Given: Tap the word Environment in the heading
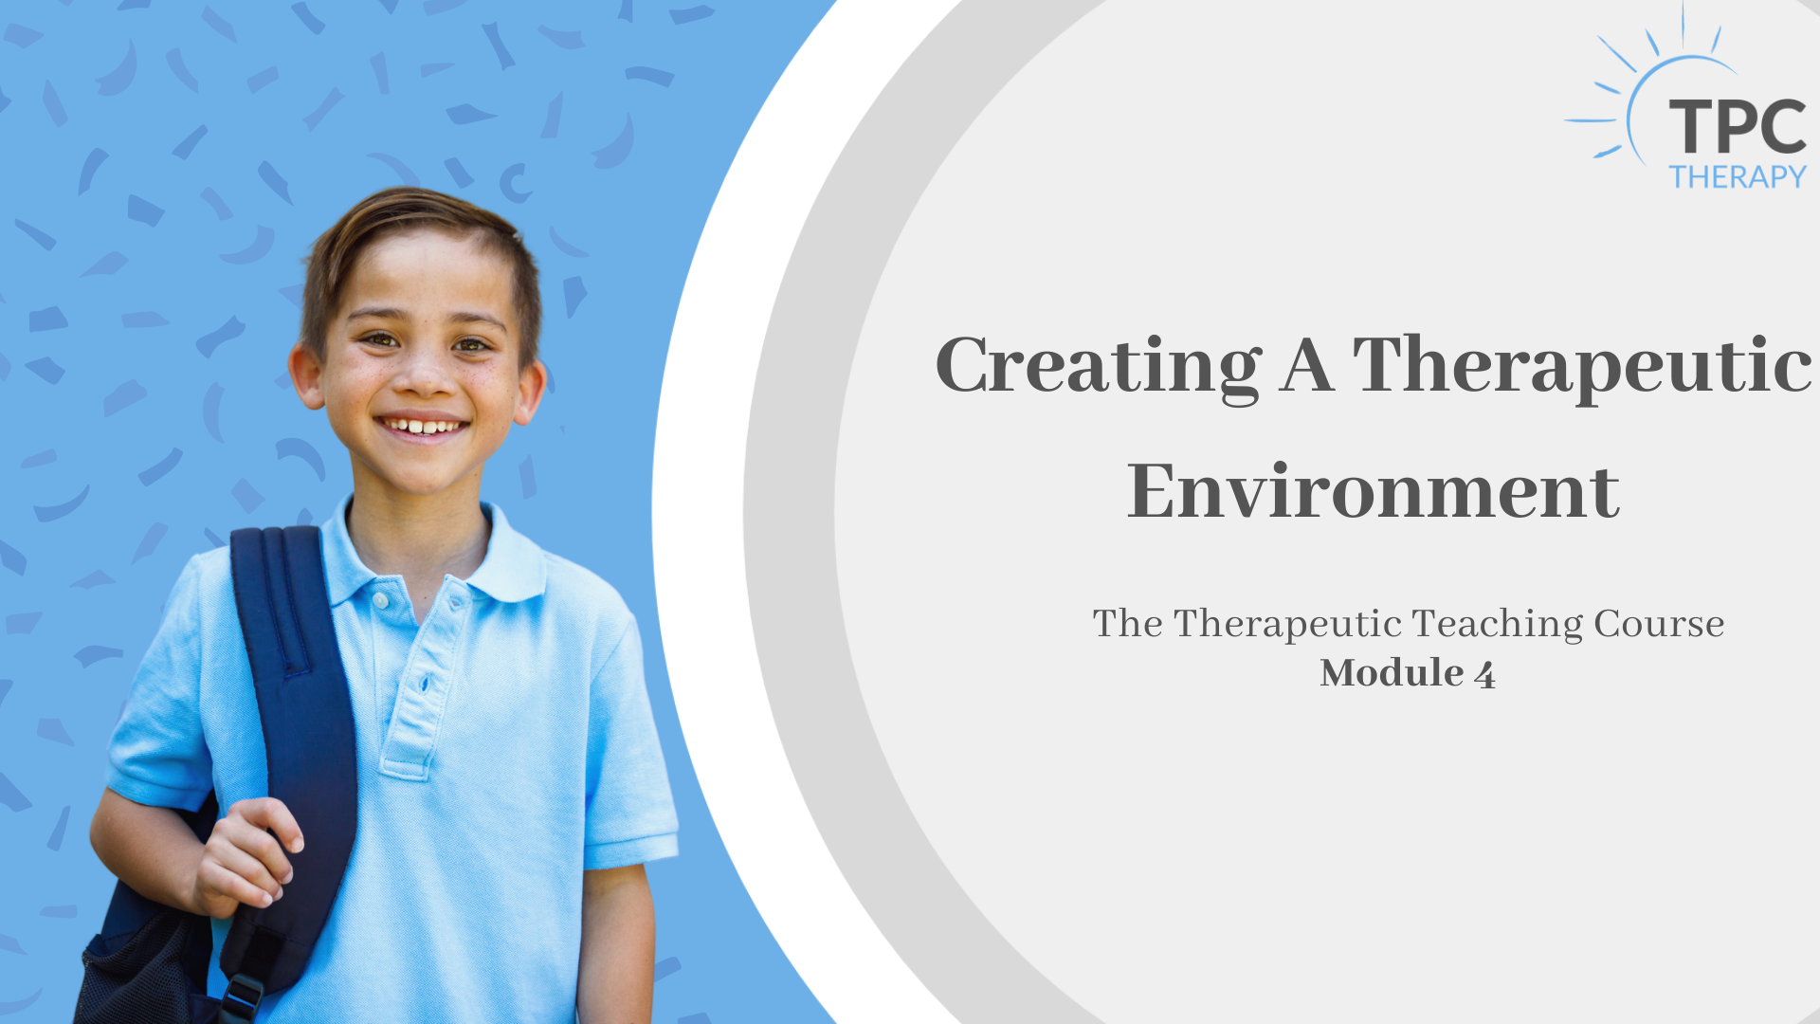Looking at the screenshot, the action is (1374, 491).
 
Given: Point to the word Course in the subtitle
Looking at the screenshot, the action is (1660, 624).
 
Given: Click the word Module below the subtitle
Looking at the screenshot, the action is (1392, 672).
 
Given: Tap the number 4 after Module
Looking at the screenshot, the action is (1484, 675).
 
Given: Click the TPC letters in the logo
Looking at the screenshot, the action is (1738, 126).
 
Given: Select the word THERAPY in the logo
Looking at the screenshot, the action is (1738, 176).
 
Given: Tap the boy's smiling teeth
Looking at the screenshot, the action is (423, 427).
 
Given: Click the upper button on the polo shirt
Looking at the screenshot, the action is (380, 601).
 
